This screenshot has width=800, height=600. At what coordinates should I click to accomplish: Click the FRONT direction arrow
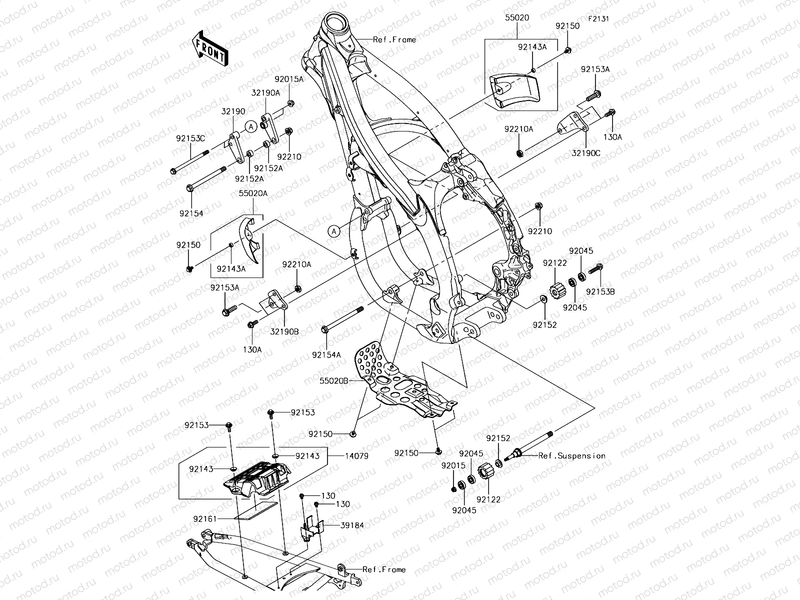tap(210, 48)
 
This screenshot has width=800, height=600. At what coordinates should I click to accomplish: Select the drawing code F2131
tap(598, 18)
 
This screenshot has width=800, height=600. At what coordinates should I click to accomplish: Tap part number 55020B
tap(334, 380)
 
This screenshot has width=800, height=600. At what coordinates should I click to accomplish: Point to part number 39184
tap(352, 525)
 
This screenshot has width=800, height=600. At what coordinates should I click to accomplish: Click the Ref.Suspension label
tap(571, 455)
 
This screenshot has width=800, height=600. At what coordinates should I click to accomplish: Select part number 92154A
tap(326, 354)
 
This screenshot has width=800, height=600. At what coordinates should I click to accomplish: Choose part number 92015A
tap(288, 79)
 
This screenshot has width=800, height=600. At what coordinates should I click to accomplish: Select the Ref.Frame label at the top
tap(394, 39)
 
